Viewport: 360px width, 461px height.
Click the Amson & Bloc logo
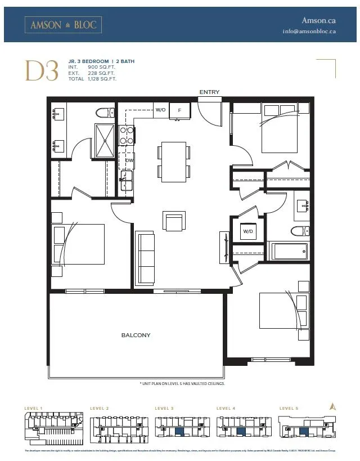63,25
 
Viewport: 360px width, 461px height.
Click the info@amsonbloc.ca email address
309,32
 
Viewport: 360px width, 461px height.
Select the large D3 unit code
41,71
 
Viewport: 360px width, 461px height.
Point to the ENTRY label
209,92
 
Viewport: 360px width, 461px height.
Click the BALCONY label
136,335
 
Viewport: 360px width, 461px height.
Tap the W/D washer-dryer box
248,231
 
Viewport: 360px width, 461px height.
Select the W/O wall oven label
160,110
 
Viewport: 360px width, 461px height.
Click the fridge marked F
179,110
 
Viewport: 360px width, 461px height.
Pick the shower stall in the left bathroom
104,141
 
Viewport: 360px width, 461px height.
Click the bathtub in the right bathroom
290,251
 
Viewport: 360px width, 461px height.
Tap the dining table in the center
174,161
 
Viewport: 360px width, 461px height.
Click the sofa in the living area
147,258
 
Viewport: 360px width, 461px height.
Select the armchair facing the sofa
174,221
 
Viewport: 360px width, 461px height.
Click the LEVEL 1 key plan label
34,408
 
